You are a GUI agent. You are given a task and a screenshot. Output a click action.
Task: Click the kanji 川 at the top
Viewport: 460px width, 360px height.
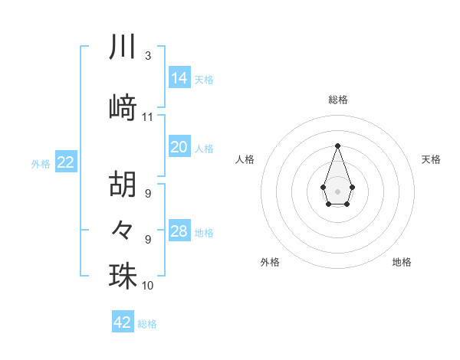click(123, 47)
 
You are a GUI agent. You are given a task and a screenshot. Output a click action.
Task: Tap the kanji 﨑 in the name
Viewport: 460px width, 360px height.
click(123, 108)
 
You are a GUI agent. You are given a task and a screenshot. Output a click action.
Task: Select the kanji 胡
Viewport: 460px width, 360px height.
click(123, 185)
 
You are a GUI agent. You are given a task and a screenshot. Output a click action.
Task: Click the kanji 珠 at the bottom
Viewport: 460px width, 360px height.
click(123, 276)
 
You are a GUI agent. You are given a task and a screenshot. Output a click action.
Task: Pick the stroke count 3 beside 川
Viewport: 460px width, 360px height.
click(147, 56)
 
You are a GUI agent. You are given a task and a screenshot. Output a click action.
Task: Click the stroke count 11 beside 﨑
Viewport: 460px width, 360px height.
click(148, 117)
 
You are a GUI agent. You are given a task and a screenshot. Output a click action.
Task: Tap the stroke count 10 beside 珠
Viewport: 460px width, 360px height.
click(148, 286)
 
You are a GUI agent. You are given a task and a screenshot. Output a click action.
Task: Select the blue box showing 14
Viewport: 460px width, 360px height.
click(179, 78)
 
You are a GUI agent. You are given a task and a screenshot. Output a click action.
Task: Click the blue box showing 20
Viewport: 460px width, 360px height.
click(179, 147)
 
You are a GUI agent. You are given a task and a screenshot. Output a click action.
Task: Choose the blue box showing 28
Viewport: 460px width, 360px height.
click(179, 231)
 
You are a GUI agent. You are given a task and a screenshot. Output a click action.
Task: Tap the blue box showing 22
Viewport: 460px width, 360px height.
click(66, 162)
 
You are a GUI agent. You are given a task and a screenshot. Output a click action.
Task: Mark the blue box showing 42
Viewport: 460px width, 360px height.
click(123, 322)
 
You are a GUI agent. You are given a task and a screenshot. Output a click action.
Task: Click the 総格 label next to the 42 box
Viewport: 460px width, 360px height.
click(147, 324)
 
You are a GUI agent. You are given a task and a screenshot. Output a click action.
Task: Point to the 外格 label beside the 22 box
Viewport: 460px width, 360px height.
click(41, 163)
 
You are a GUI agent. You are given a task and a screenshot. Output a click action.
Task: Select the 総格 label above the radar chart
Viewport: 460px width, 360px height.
click(337, 100)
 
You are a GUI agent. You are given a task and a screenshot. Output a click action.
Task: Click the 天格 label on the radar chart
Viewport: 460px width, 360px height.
click(431, 159)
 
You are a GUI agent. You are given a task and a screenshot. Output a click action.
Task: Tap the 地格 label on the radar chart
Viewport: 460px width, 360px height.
click(402, 262)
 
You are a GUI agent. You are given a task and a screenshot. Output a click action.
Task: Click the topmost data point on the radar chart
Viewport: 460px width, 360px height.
click(337, 145)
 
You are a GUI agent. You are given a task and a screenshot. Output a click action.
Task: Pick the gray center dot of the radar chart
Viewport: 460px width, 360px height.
click(337, 190)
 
